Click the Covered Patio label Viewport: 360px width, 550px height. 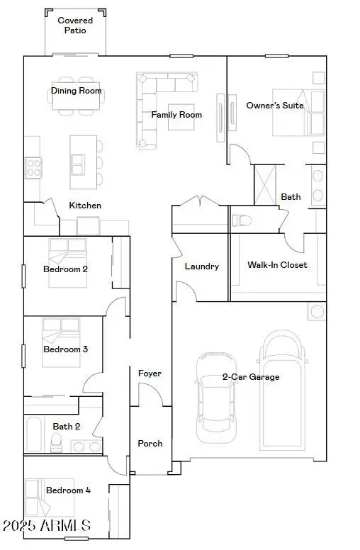75,26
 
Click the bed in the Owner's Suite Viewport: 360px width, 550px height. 290,112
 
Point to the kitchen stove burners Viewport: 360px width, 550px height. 33,167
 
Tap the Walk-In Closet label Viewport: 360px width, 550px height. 277,265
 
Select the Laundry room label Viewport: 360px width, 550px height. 201,266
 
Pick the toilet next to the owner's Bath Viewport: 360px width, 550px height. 241,220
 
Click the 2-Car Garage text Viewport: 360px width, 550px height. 251,377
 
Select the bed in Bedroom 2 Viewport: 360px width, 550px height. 67,262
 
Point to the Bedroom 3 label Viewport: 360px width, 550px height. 65,349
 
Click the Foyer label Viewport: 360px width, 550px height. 150,374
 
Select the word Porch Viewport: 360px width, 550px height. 150,444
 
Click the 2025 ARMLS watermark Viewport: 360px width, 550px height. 46,526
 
